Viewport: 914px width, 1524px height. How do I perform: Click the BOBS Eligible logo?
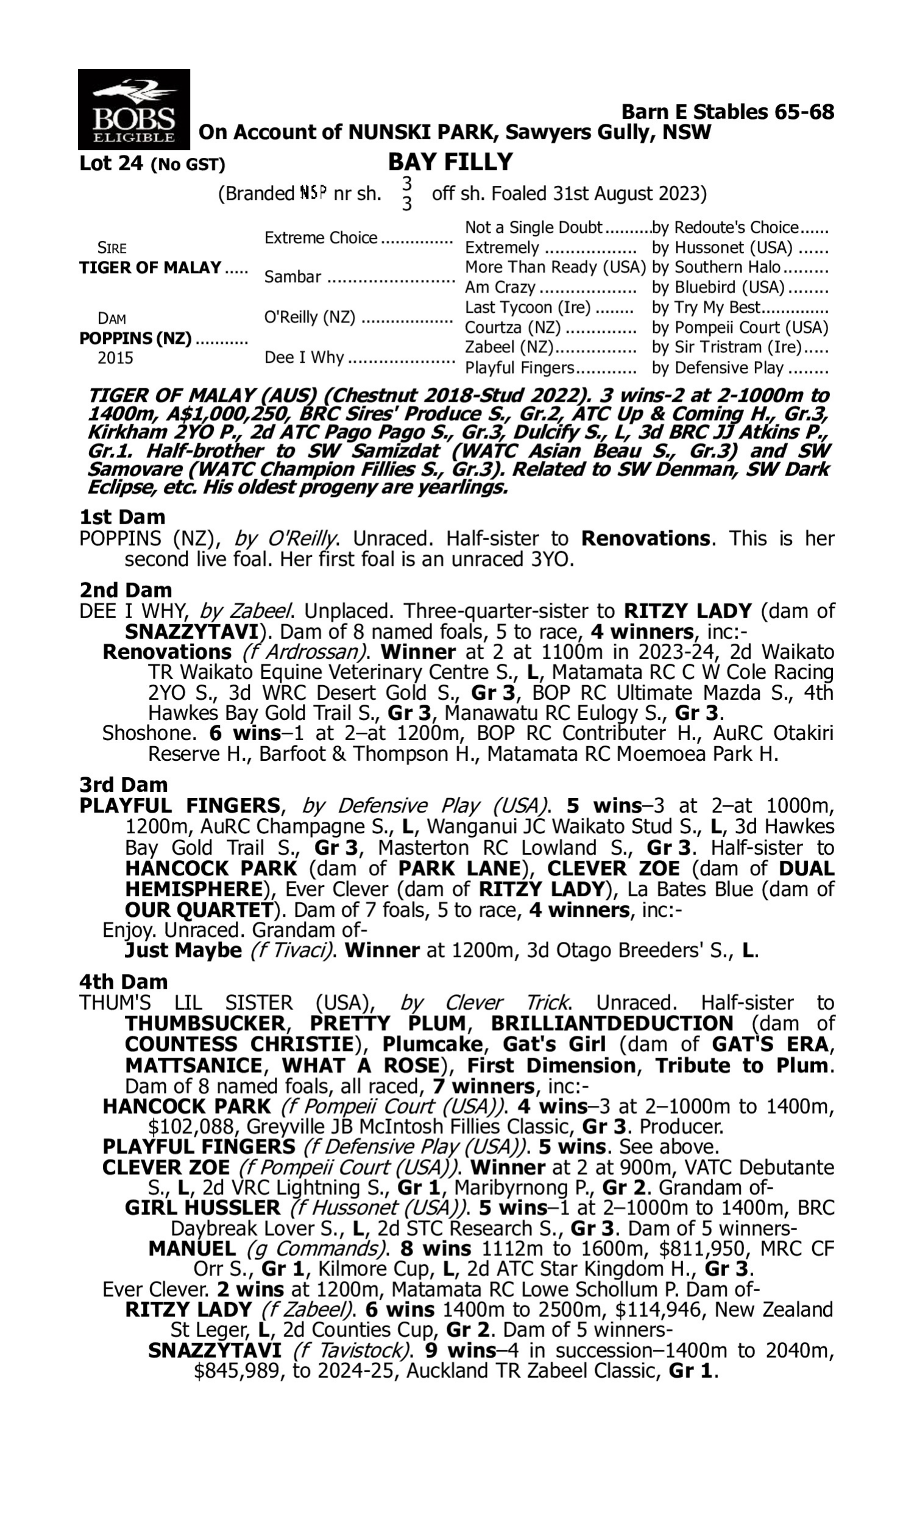click(x=133, y=110)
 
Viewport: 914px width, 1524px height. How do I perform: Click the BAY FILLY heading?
click(x=450, y=162)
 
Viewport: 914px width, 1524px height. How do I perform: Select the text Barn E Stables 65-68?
click(x=728, y=112)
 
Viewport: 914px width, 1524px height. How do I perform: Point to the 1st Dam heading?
click(x=122, y=516)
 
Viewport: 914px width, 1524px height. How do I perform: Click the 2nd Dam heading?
click(x=126, y=589)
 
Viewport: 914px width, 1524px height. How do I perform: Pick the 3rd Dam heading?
click(x=123, y=784)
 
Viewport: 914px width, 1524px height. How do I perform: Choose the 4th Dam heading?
click(x=123, y=981)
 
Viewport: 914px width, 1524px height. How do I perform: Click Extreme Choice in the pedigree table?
click(x=321, y=238)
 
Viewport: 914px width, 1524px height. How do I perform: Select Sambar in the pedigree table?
click(x=292, y=277)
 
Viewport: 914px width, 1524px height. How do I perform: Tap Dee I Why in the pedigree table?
click(x=303, y=358)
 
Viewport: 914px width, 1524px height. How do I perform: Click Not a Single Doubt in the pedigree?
click(x=533, y=228)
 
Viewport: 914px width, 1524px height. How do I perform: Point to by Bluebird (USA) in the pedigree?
click(x=718, y=288)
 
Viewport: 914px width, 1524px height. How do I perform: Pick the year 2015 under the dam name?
click(x=115, y=358)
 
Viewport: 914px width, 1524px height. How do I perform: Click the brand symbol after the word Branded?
click(x=313, y=193)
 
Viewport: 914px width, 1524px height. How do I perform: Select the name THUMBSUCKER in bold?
click(x=205, y=1024)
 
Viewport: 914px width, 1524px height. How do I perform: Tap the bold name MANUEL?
click(x=191, y=1249)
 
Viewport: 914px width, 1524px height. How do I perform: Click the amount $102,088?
click(x=191, y=1127)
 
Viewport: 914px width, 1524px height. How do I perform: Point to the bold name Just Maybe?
click(x=183, y=950)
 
